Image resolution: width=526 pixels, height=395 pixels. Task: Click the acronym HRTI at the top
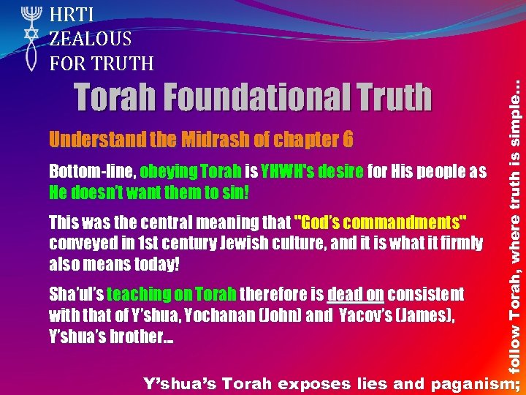73,14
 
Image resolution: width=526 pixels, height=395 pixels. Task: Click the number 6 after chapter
348,140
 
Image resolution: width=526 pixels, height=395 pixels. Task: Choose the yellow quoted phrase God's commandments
381,222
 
